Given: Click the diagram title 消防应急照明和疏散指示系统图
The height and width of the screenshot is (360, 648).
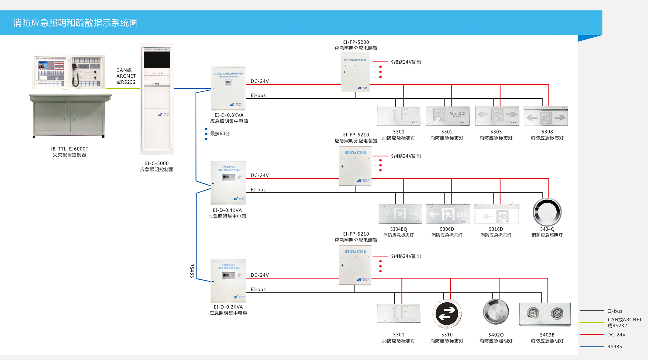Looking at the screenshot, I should pyautogui.click(x=75, y=23).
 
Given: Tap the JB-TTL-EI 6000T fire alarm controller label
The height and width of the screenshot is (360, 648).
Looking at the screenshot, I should pyautogui.click(x=69, y=152).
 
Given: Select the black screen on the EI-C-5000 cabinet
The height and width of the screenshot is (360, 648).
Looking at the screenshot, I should pyautogui.click(x=157, y=60).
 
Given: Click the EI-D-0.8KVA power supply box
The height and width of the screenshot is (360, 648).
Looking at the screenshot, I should pyautogui.click(x=229, y=88).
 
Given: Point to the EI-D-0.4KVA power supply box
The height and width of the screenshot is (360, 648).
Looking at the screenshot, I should pyautogui.click(x=228, y=183).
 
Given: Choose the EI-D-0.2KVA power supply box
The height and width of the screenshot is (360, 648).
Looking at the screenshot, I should pyautogui.click(x=228, y=281).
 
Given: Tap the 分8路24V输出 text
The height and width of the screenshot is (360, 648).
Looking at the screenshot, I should pyautogui.click(x=406, y=62).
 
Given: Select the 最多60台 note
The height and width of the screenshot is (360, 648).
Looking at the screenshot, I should pyautogui.click(x=220, y=133).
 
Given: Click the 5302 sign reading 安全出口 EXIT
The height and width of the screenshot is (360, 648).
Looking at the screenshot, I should pyautogui.click(x=447, y=116).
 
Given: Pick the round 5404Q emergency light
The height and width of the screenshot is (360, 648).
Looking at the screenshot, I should pyautogui.click(x=547, y=212).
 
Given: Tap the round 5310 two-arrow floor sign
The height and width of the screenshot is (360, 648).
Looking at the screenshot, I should pyautogui.click(x=447, y=314).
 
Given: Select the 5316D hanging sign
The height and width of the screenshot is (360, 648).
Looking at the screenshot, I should pyautogui.click(x=497, y=214).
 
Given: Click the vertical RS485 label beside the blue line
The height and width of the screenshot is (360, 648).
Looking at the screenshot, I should pyautogui.click(x=192, y=270).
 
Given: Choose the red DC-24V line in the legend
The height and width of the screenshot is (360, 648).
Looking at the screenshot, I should pyautogui.click(x=592, y=335).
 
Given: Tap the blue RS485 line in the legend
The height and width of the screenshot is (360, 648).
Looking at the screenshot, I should pyautogui.click(x=592, y=347).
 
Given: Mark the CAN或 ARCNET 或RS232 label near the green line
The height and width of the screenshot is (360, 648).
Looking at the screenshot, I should pyautogui.click(x=126, y=76).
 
